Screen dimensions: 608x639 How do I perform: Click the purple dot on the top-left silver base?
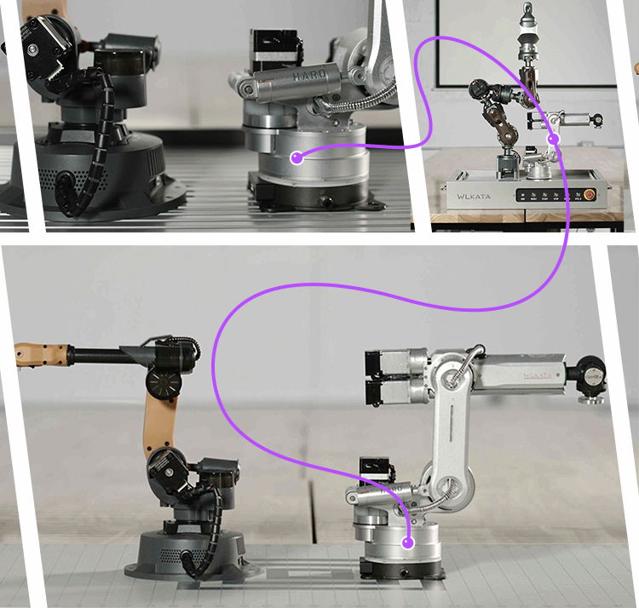[296, 157]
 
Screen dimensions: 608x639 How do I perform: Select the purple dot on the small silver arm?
[553, 139]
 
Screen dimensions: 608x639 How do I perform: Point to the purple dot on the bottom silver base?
[408, 542]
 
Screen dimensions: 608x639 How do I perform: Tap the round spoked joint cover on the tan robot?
[163, 381]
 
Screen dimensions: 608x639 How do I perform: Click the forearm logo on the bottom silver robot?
[538, 374]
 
